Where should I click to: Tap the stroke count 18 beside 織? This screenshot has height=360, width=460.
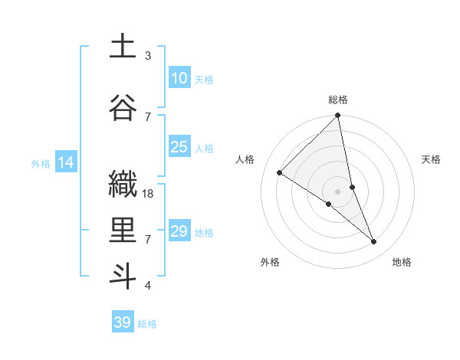[x=149, y=194]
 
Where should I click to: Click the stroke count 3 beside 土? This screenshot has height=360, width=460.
[x=148, y=56]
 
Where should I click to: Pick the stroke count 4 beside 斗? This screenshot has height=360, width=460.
[x=148, y=286]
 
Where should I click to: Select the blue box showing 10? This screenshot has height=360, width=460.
[x=179, y=78]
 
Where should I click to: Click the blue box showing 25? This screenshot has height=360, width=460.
[x=179, y=147]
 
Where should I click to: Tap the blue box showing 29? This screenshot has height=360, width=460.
[x=179, y=231]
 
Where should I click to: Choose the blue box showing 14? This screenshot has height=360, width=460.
[x=66, y=162]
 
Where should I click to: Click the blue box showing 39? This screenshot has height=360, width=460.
[x=122, y=322]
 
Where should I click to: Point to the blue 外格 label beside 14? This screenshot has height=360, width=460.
[x=41, y=163]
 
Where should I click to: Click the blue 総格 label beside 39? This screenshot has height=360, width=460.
[x=147, y=324]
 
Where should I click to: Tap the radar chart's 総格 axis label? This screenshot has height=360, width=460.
[x=338, y=100]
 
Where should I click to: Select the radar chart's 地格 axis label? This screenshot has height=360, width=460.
[x=402, y=262]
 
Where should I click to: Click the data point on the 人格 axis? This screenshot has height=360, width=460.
[x=280, y=173]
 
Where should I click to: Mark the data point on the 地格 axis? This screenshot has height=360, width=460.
[x=374, y=242]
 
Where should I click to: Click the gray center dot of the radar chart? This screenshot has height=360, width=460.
[x=337, y=191]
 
